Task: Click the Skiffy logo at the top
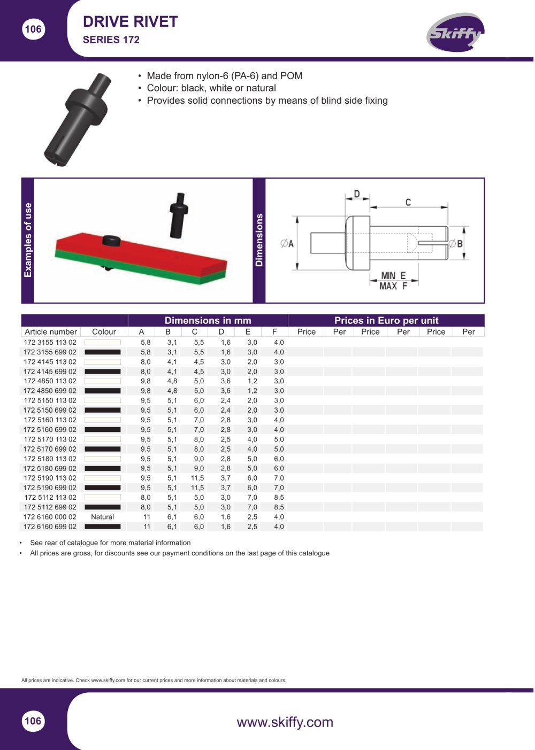(x=455, y=33)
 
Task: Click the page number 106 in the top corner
(x=33, y=29)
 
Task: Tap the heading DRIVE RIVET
(x=130, y=22)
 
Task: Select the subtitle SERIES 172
(x=111, y=40)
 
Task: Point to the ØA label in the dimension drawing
(x=287, y=243)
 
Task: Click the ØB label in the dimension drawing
(x=455, y=243)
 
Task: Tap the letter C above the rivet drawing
(x=408, y=202)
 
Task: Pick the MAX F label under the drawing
(x=393, y=286)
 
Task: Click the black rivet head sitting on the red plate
(x=112, y=241)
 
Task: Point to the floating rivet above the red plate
(x=179, y=215)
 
